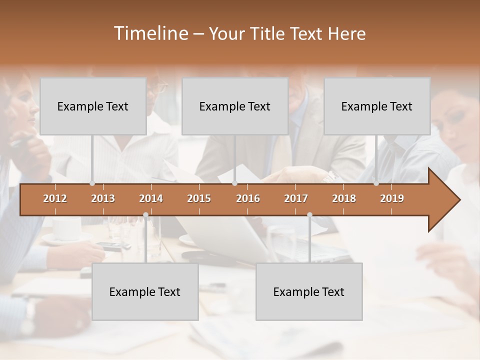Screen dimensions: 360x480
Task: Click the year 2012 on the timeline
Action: pos(55,198)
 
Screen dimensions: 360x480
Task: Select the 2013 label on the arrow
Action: pos(103,198)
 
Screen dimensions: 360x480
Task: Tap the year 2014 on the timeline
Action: pos(151,198)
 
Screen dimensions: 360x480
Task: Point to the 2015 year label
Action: pos(199,198)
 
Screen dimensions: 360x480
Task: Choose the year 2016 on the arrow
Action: pos(248,198)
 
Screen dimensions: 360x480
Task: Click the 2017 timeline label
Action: pos(296,198)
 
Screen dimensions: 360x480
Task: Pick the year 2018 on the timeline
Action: pos(344,198)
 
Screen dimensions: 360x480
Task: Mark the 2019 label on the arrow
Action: pos(392,198)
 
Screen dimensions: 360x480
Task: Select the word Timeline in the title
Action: pos(150,33)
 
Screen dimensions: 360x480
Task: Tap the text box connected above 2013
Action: pos(93,106)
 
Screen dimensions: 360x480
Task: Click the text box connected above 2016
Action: pos(235,106)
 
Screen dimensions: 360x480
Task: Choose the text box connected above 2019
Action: pos(377,106)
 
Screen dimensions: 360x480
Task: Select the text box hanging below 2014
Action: pos(145,291)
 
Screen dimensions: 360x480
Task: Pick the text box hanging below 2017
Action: pos(309,291)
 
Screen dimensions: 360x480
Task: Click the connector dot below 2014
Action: pos(145,215)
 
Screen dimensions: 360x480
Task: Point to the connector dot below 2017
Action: pos(309,215)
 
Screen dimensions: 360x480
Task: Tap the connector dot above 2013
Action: pos(92,183)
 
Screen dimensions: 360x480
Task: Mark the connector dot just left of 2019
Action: pos(376,183)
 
